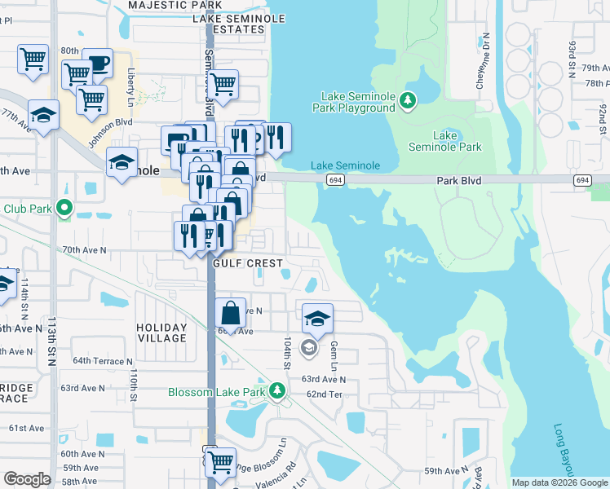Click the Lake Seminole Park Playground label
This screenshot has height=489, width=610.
[x=357, y=102]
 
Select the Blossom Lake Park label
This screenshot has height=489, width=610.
[x=217, y=392]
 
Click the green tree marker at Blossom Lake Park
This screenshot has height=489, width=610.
[x=278, y=392]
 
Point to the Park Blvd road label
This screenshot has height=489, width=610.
[x=459, y=180]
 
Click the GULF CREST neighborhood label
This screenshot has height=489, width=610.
[x=248, y=263]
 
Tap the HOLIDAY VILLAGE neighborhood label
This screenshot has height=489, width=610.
[x=161, y=333]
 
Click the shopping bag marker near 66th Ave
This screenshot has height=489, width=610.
[x=232, y=312]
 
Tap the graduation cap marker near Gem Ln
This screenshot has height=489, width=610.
[x=317, y=318]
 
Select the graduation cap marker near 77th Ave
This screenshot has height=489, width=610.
[x=43, y=114]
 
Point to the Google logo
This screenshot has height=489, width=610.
[x=27, y=479]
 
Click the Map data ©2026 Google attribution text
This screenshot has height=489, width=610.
[x=559, y=482]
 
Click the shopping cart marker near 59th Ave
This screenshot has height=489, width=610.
[x=220, y=461]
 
